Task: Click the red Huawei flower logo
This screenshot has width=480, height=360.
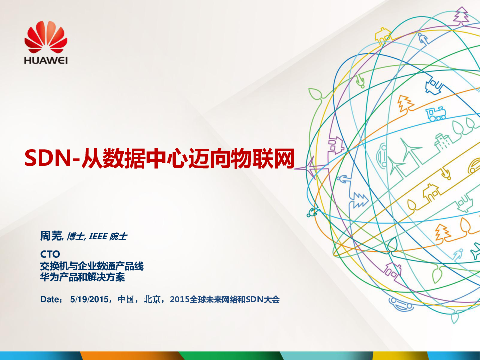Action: point(46,37)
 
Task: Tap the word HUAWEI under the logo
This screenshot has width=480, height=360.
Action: point(46,60)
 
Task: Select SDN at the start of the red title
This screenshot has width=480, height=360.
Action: point(48,158)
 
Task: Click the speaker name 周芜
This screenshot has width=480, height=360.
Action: point(51,236)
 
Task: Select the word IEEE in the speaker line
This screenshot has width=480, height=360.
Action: point(98,236)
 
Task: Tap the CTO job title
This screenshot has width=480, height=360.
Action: point(50,254)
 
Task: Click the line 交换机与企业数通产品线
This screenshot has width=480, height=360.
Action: point(92,266)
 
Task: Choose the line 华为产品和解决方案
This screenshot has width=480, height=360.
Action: point(82,277)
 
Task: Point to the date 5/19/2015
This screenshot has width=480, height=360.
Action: point(89,299)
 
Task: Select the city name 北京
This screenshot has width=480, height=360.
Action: point(152,299)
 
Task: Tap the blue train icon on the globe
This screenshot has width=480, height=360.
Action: point(436,114)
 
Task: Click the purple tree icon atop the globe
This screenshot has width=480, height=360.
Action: point(461,17)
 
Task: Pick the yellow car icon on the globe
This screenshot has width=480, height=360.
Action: point(474,167)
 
